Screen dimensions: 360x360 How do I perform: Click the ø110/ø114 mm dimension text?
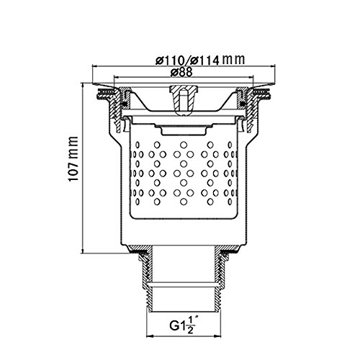[x=200, y=60]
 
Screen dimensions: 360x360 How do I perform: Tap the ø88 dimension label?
[x=181, y=72]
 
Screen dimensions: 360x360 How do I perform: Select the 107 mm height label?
[x=73, y=159]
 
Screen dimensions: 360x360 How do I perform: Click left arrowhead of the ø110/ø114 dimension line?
[x=95, y=66]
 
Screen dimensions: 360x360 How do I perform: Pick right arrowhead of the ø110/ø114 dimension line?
[x=272, y=66]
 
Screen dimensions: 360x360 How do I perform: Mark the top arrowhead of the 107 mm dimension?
[x=83, y=86]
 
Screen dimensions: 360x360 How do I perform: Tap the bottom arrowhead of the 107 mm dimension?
[x=83, y=250]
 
